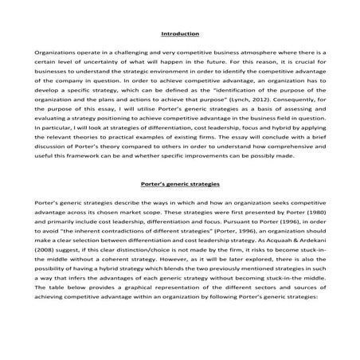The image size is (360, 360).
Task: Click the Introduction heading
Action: [x=180, y=35]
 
